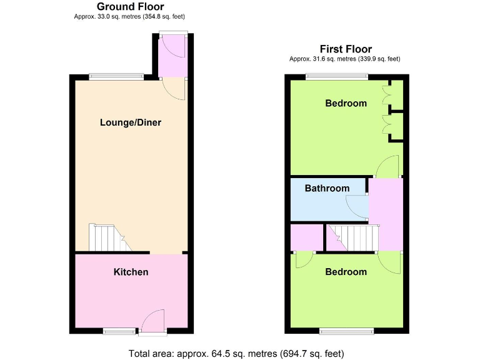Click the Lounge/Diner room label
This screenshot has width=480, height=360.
[x=131, y=122]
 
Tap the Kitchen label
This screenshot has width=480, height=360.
[x=131, y=272]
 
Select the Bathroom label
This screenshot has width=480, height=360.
[x=327, y=188]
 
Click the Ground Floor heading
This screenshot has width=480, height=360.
[x=130, y=7]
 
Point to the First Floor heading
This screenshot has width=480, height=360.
[x=346, y=49]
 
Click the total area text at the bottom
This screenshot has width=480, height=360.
[x=236, y=353]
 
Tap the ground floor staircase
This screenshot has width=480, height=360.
[x=106, y=238]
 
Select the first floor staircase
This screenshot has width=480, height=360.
[x=354, y=237]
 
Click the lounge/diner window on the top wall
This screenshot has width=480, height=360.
[x=116, y=77]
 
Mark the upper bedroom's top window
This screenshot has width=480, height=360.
[x=336, y=77]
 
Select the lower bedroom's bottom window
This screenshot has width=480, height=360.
[x=347, y=330]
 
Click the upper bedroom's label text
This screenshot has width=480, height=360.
[x=346, y=103]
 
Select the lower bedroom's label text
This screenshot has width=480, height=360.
[x=346, y=272]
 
